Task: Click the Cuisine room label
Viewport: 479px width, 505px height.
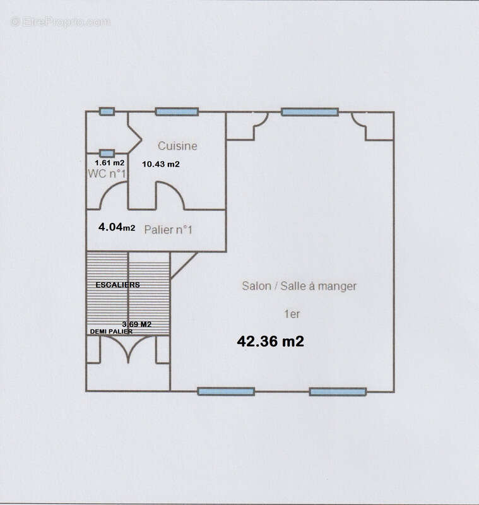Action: pos(177,146)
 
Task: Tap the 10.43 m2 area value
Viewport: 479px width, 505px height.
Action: pos(161,164)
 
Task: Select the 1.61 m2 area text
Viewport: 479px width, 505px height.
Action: pos(109,163)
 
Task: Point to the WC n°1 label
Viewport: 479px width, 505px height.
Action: pos(107,174)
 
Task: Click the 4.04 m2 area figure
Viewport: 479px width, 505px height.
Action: pos(117,227)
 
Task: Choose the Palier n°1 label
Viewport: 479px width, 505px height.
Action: pos(168,230)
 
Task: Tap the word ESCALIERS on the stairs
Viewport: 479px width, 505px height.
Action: pos(118,285)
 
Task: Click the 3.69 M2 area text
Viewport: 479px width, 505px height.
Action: pos(137,324)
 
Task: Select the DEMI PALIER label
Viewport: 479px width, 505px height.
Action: pos(111,331)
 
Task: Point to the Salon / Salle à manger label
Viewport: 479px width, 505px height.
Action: pos(299,286)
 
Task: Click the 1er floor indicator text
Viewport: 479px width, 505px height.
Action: pos(292,314)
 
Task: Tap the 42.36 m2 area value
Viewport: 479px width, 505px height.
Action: pos(270,342)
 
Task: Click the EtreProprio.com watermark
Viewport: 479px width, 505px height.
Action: pos(60,22)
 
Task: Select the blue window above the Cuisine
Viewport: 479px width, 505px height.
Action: pos(177,112)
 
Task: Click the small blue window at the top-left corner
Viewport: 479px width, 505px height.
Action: pos(107,112)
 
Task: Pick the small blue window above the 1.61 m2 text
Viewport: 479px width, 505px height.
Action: pos(107,153)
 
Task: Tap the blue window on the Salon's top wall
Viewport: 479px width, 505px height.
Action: pos(310,112)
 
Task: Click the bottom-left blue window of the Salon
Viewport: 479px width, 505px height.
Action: pos(226,391)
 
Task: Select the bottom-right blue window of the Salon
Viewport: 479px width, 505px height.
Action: pos(338,391)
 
